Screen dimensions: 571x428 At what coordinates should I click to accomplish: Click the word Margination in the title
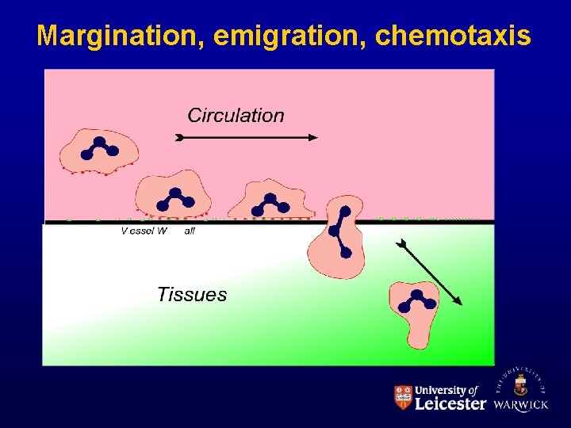(x=118, y=36)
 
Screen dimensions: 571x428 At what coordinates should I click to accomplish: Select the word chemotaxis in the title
(x=453, y=36)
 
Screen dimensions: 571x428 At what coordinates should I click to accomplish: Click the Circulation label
(x=236, y=116)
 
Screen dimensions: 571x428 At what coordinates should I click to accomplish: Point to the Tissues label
(x=192, y=295)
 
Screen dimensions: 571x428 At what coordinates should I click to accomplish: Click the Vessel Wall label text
(x=157, y=231)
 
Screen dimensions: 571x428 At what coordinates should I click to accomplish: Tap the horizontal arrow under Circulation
(x=246, y=137)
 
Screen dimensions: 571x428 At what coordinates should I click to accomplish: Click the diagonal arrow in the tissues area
(x=429, y=272)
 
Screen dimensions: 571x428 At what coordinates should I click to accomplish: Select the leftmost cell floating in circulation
(x=99, y=150)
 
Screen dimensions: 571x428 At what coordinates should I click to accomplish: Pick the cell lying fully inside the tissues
(x=413, y=311)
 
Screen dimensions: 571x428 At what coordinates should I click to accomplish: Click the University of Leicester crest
(x=403, y=397)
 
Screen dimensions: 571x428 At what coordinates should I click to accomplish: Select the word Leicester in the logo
(x=450, y=403)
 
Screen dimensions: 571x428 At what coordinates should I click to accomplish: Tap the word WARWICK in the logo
(x=520, y=404)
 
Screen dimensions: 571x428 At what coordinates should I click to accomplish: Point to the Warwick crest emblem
(x=520, y=385)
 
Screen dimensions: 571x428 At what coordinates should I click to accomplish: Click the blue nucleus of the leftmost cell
(x=99, y=148)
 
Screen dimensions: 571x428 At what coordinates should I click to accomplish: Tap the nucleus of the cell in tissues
(x=416, y=299)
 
